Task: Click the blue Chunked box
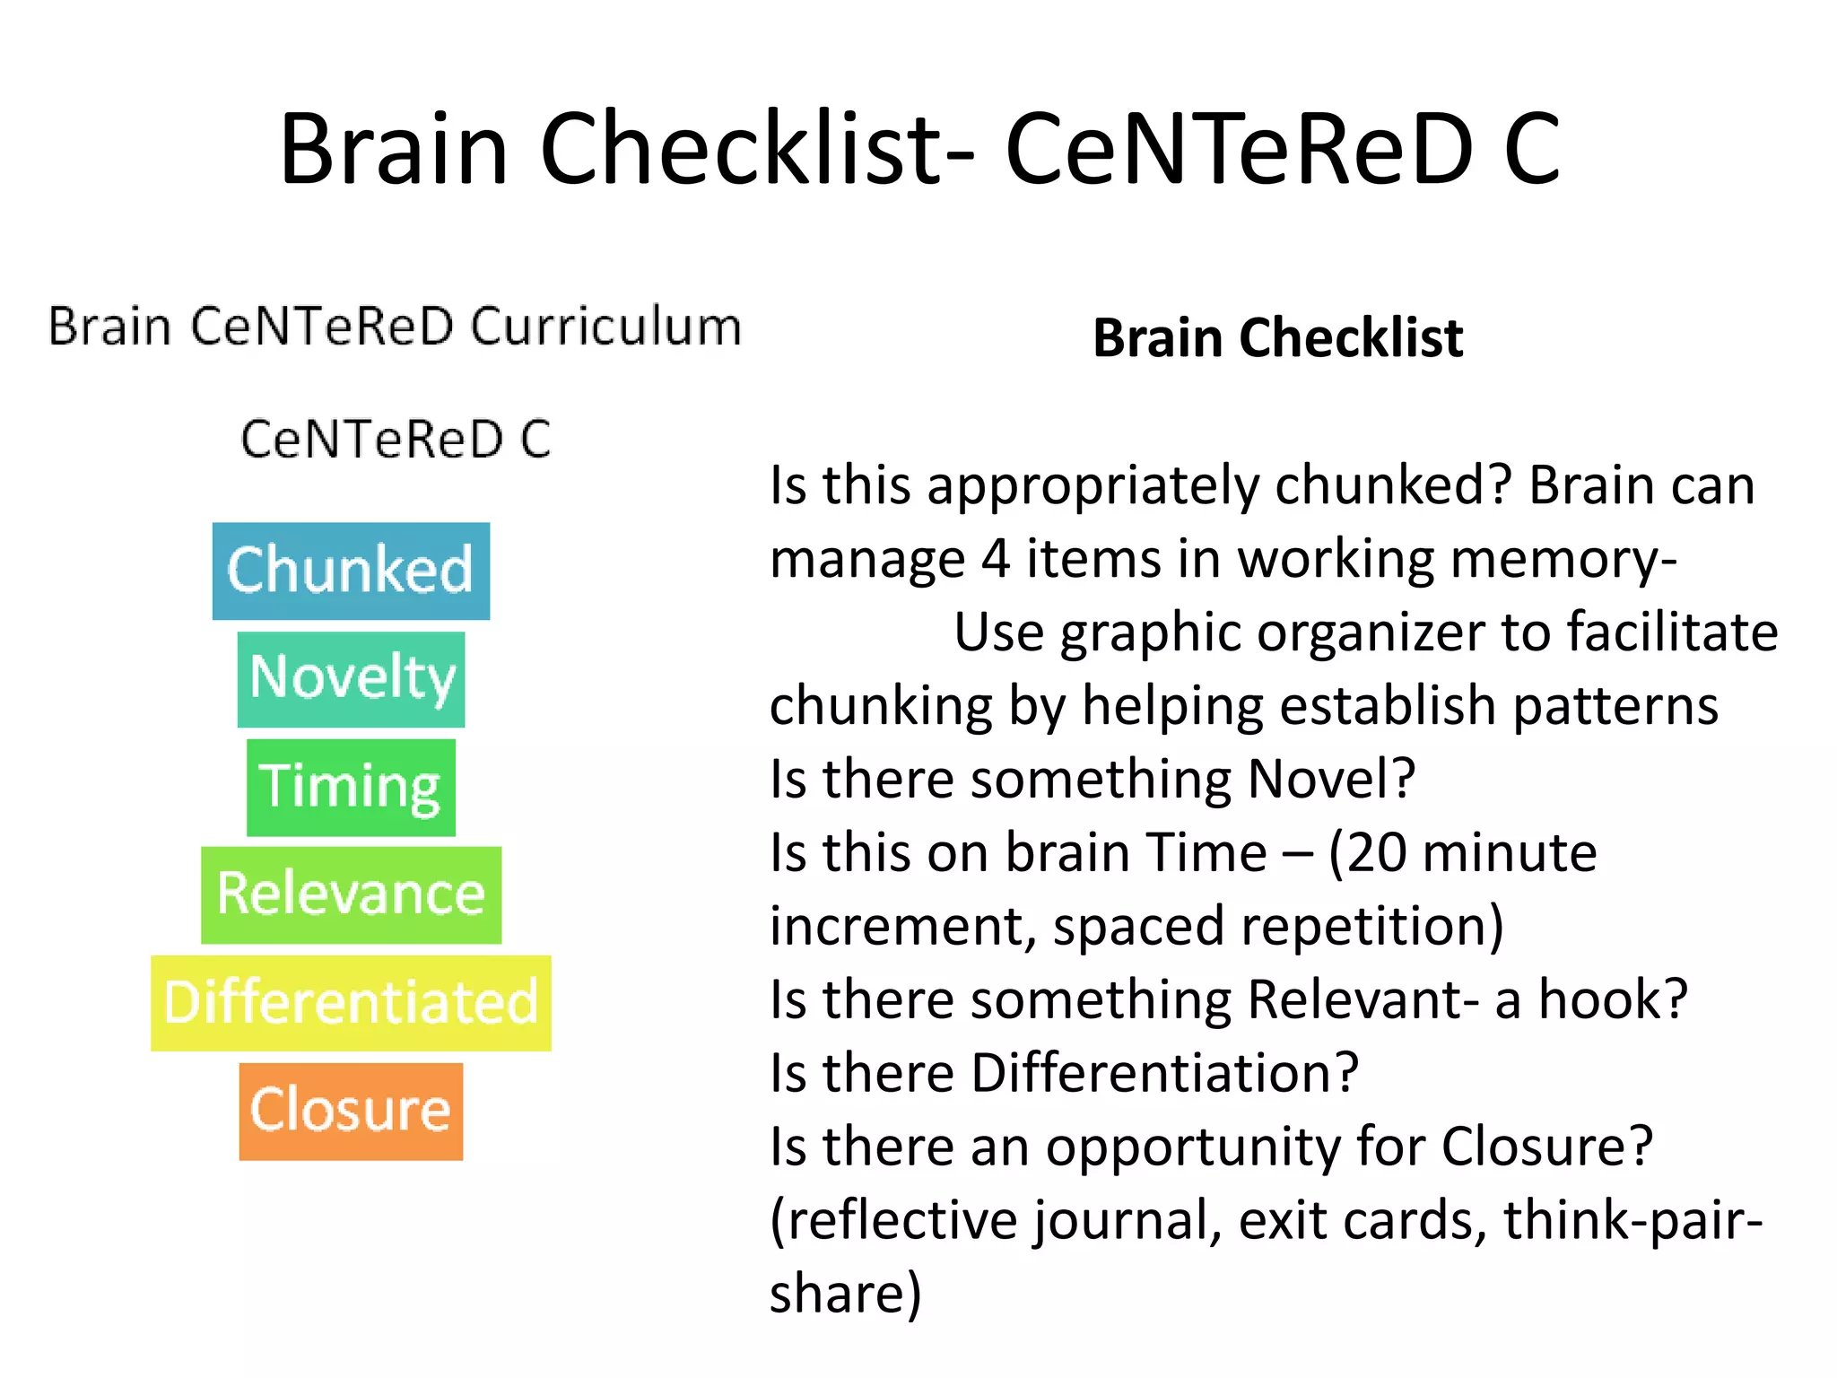[351, 571]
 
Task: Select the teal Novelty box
[351, 679]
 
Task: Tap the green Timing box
[351, 787]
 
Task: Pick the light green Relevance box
[351, 894]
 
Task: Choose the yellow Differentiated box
[351, 1002]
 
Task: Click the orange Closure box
[351, 1111]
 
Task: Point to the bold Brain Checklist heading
[1277, 338]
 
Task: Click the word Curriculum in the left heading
[606, 326]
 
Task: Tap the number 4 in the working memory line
[996, 559]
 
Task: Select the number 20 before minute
[1376, 852]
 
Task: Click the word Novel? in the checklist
[1331, 779]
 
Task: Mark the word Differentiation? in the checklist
[1164, 1073]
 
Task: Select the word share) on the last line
[845, 1294]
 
